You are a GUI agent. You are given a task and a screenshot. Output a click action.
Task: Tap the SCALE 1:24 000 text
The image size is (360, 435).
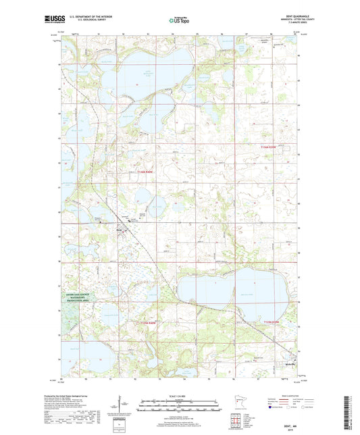coord(180,395)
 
